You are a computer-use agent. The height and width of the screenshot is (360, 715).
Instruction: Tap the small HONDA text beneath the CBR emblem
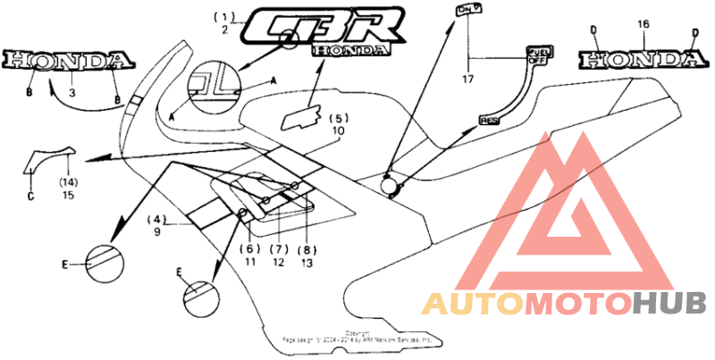click(x=351, y=51)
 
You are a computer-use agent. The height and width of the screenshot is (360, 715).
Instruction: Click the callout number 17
click(x=467, y=80)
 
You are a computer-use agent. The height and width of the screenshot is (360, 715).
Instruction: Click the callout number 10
click(x=337, y=130)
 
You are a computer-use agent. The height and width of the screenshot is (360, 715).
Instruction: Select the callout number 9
click(x=157, y=231)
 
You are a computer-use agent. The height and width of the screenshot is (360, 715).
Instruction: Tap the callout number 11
click(x=250, y=263)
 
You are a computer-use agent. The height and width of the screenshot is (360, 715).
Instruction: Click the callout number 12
click(x=279, y=263)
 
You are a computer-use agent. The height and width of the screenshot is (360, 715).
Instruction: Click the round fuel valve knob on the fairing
click(x=391, y=184)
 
